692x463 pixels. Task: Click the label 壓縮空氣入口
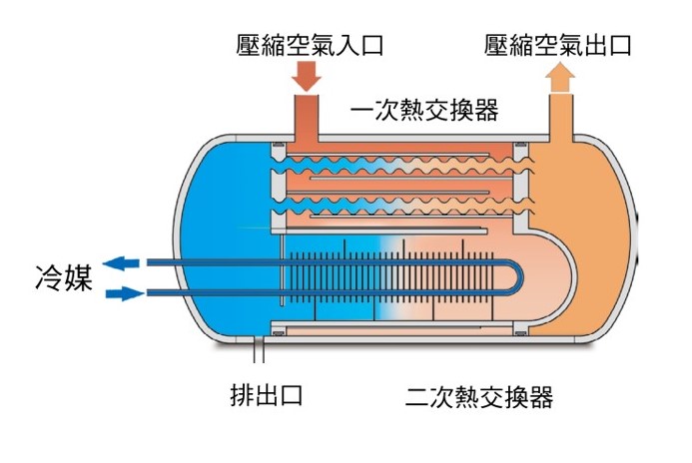tap(310, 46)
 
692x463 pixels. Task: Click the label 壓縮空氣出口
tap(558, 46)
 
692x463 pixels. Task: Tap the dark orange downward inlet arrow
tap(307, 76)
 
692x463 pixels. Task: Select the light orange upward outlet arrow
tap(560, 77)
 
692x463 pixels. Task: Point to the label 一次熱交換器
tap(424, 110)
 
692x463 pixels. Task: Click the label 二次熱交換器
tap(479, 396)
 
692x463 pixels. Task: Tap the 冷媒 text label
tap(64, 277)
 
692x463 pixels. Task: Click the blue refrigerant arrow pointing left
tap(121, 263)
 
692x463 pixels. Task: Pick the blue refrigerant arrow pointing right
tap(125, 293)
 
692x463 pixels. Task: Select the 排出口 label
tap(267, 395)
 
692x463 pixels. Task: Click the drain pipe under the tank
tap(259, 350)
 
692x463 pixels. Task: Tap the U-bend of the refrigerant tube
tap(516, 278)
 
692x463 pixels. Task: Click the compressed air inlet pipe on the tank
tap(306, 118)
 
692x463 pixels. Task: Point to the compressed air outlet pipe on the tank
tap(560, 117)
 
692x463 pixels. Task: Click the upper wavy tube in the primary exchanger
tap(401, 166)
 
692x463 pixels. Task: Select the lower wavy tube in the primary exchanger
tap(401, 204)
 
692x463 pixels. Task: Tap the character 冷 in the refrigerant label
tap(49, 277)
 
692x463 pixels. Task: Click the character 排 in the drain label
tap(242, 395)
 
